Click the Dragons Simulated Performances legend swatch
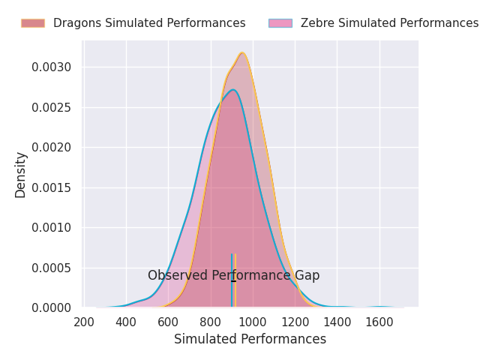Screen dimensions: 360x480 [x=32, y=23]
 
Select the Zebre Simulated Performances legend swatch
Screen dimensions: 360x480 [x=280, y=23]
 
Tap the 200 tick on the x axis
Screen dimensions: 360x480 [x=84, y=322]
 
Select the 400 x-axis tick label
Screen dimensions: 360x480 [x=126, y=322]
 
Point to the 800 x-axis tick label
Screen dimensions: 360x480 [x=211, y=322]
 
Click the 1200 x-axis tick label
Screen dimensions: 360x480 [x=295, y=322]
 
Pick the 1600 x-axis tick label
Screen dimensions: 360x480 [x=379, y=322]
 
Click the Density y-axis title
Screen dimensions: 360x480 [x=21, y=174]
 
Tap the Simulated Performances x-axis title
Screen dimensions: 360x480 [x=250, y=339]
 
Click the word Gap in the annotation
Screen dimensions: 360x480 [x=307, y=276]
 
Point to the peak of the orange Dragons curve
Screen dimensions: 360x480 [x=242, y=53]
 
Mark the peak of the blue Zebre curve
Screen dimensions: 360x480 [x=233, y=90]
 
